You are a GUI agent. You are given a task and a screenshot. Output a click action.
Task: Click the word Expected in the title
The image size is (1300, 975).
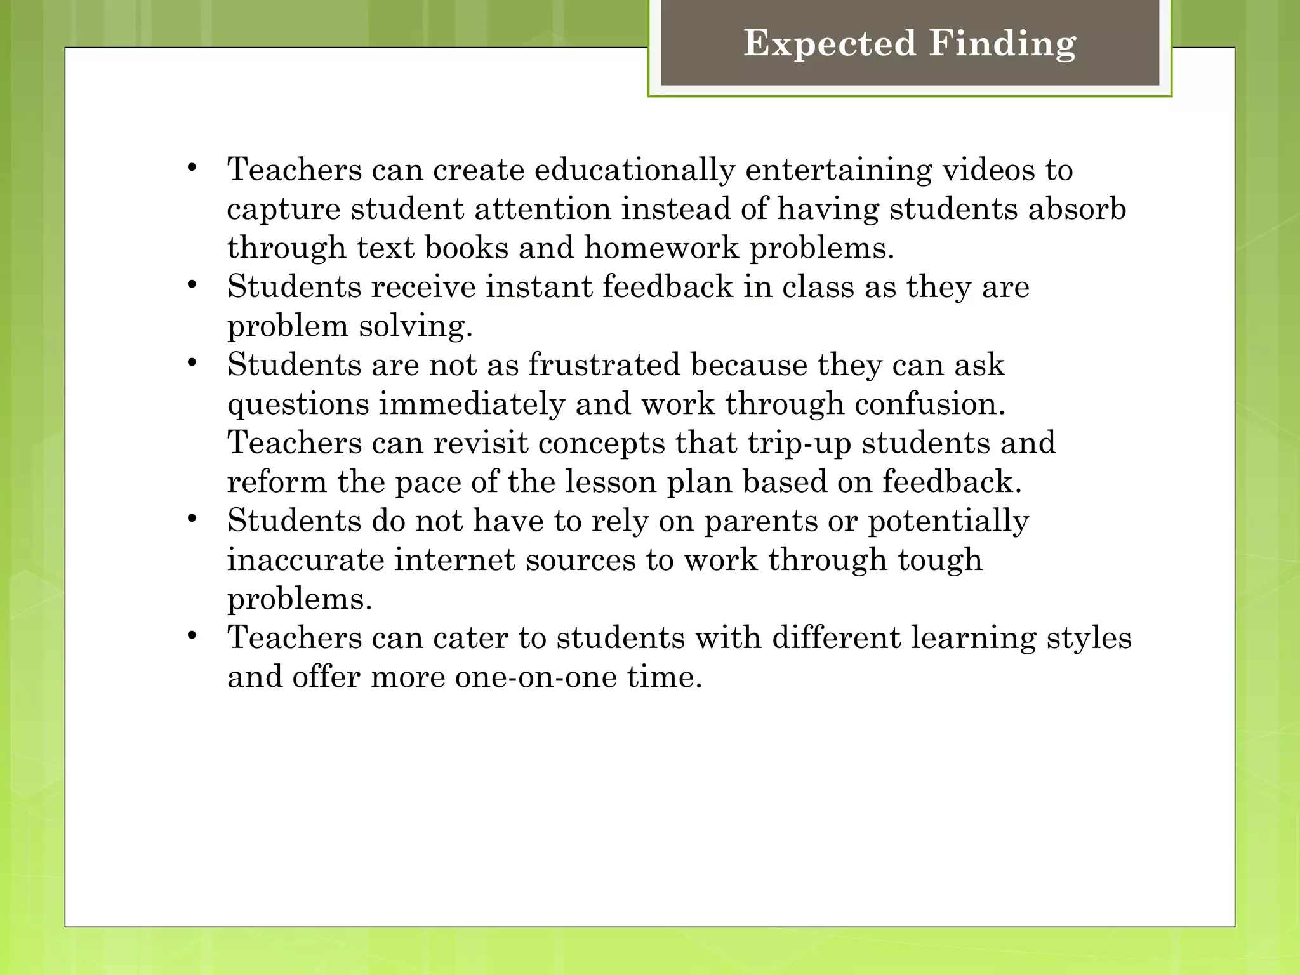click(830, 43)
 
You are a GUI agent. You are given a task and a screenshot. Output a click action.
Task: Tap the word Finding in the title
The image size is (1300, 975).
click(1003, 43)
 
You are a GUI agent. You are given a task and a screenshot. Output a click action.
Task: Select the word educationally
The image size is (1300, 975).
click(634, 170)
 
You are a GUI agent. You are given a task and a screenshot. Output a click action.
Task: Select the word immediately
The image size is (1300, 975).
click(472, 404)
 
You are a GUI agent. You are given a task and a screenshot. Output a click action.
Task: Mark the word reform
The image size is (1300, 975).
click(277, 482)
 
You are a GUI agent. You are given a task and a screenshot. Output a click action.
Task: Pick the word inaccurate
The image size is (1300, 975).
click(306, 560)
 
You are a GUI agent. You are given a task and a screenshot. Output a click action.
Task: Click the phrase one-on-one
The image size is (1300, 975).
click(536, 677)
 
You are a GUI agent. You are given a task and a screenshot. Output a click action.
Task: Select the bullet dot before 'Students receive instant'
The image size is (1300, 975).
click(192, 285)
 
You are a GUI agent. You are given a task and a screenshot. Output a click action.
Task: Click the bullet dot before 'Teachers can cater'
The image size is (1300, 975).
click(192, 636)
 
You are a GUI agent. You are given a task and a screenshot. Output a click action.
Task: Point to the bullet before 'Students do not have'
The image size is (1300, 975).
click(192, 519)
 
